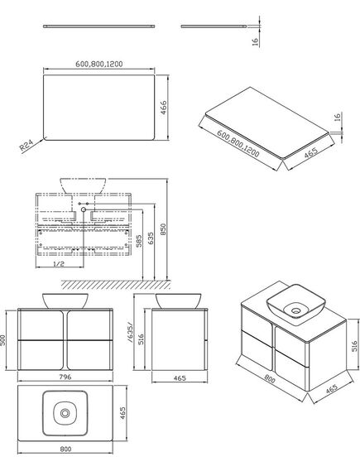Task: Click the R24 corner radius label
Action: coord(26,146)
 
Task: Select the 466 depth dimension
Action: coord(163,108)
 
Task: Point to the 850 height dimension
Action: coord(163,229)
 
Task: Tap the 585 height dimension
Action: coord(139,241)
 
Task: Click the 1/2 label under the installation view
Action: coord(59,264)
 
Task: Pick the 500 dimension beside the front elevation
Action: coord(2,340)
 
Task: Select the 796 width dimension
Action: coord(65,377)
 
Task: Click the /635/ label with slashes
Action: coord(130,332)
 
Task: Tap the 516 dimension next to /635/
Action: coord(142,339)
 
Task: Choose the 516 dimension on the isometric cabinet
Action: coord(354,346)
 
